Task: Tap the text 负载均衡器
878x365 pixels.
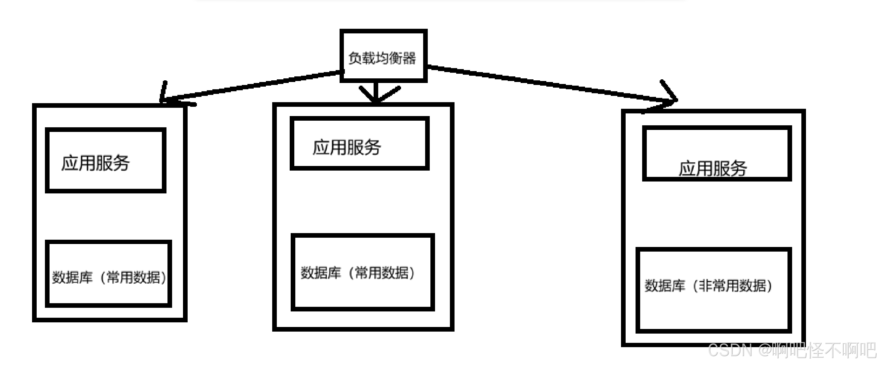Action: point(382,58)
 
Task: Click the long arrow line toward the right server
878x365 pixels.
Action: point(545,84)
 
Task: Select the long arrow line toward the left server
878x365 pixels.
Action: point(252,85)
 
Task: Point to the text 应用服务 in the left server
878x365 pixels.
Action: point(95,163)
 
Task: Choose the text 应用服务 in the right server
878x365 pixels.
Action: point(713,169)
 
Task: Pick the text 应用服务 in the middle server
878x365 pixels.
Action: point(347,148)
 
